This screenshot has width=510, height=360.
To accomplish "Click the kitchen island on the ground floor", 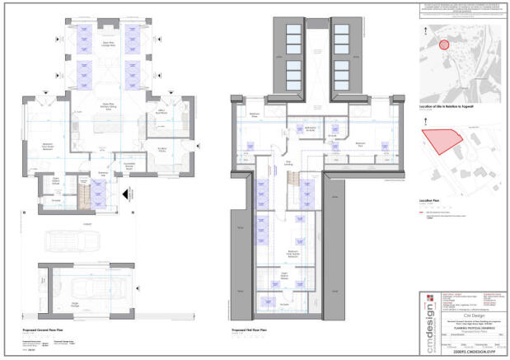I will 107,125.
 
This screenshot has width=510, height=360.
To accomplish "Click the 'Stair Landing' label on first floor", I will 289,162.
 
